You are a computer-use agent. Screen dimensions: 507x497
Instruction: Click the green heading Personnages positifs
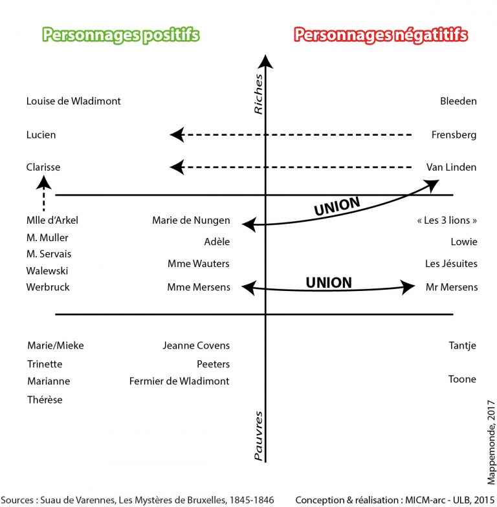(x=120, y=35)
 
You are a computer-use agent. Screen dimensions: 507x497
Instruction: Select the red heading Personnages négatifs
(x=381, y=35)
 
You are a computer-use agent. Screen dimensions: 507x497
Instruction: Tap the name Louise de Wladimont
(x=73, y=101)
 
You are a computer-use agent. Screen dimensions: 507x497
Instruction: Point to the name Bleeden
(x=458, y=101)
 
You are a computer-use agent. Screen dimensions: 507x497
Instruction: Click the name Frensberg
(x=454, y=135)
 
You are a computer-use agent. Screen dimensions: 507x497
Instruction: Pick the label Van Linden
(x=451, y=167)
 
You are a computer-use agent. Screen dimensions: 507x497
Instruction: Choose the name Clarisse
(x=43, y=167)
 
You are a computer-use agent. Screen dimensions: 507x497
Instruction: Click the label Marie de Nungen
(x=191, y=221)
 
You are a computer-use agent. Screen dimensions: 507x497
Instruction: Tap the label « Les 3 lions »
(x=447, y=221)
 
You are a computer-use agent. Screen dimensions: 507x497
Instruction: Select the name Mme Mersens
(x=199, y=287)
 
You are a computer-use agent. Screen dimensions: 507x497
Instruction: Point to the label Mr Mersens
(x=452, y=287)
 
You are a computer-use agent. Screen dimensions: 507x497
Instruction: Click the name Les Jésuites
(x=451, y=264)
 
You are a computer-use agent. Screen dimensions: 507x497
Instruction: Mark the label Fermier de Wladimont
(x=179, y=382)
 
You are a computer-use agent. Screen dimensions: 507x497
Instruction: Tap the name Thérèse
(x=45, y=400)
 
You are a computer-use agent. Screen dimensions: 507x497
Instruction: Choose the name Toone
(x=462, y=380)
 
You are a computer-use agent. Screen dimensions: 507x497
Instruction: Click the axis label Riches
(x=258, y=94)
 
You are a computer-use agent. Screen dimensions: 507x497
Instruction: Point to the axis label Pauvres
(x=258, y=436)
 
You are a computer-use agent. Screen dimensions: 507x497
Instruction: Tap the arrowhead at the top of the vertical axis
(x=265, y=61)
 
